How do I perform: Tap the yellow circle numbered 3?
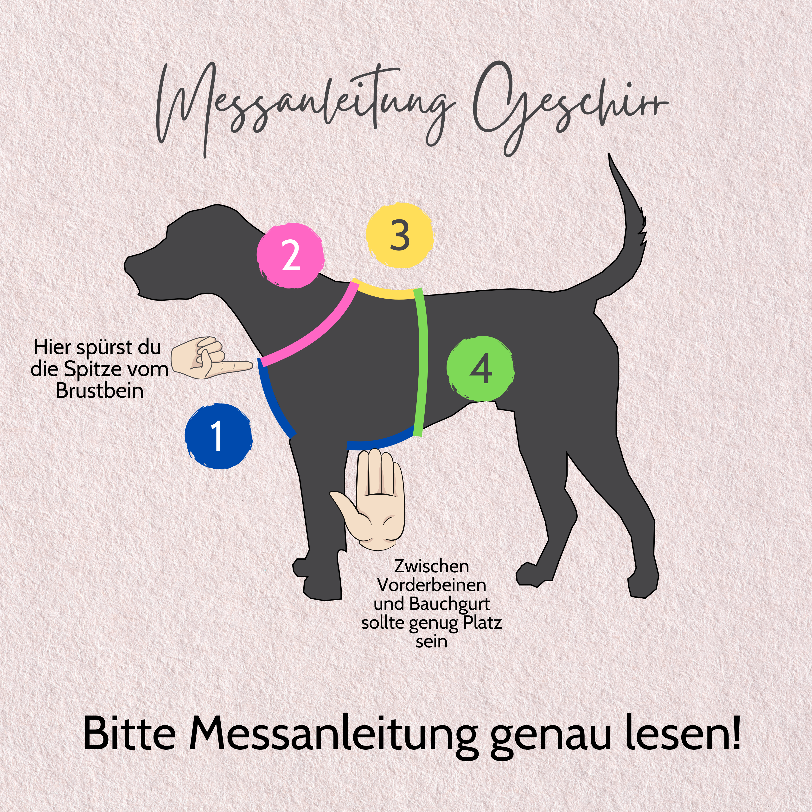[x=399, y=235]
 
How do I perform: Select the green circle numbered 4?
[x=480, y=368]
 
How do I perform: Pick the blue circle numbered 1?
[x=218, y=436]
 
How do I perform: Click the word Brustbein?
[x=100, y=390]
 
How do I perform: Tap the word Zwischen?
[x=432, y=566]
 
